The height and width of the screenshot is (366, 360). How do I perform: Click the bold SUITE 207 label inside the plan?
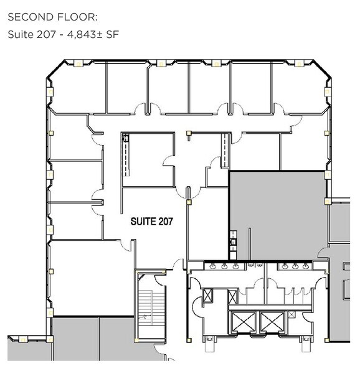point(151,222)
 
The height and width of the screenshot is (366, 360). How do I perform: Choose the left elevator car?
point(242,322)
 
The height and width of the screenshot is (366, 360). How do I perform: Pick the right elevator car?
point(272,322)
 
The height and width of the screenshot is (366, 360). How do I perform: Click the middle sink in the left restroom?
point(224,266)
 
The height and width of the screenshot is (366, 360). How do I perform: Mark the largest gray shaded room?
point(277,215)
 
